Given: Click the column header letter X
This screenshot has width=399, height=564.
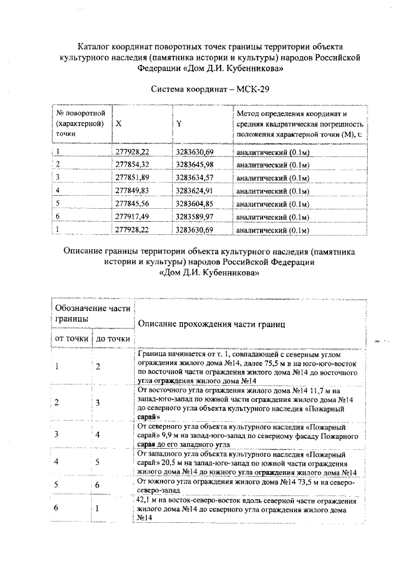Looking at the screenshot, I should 118,123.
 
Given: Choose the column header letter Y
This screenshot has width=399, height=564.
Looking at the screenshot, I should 179,123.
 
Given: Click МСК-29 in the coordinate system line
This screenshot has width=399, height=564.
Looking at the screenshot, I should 252,89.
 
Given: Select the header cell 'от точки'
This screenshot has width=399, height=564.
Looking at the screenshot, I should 71,338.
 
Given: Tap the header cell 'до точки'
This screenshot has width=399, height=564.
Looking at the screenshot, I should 112,338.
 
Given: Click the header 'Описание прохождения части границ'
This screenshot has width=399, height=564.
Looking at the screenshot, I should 211,324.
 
